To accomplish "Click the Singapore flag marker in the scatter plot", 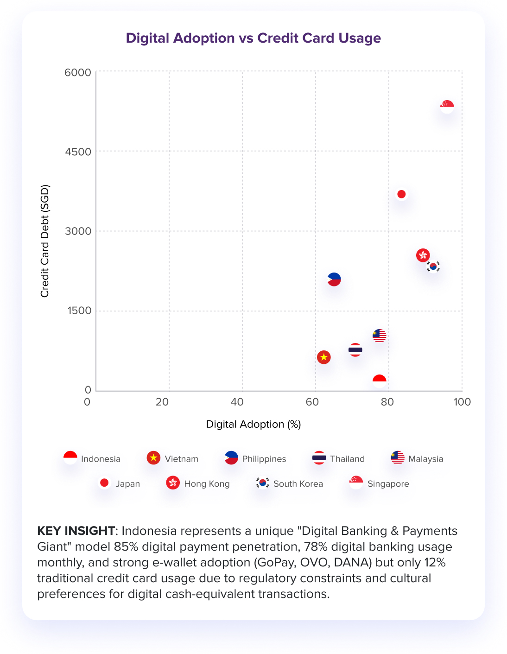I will click(447, 107).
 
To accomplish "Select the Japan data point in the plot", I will click(401, 194).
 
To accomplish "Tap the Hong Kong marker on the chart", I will click(423, 255).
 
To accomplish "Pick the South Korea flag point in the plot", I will click(433, 266).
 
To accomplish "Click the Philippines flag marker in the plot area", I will click(334, 279).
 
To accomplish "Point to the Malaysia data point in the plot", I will click(379, 335).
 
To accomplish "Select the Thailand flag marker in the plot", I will click(355, 350).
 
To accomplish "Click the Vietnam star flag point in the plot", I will click(324, 357).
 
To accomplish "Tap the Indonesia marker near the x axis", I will click(379, 381).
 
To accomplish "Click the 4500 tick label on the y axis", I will click(78, 152).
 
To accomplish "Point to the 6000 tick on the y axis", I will click(78, 72).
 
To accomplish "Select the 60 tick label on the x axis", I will click(312, 402).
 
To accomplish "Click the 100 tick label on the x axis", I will click(462, 402).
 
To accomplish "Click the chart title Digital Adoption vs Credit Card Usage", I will click(253, 38).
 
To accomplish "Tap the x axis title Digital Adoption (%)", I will click(253, 424).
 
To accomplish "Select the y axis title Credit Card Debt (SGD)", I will click(44, 241).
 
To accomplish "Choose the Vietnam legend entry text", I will click(181, 459).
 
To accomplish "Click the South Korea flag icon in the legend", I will click(263, 483).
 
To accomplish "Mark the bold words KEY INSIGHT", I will click(76, 531).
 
